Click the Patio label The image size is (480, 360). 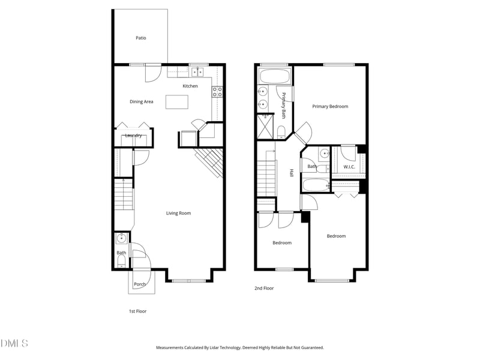[141, 38]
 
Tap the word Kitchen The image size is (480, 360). [190, 86]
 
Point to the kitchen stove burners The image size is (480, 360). [217, 92]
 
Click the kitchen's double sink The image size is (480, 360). [198, 72]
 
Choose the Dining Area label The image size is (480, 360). [142, 101]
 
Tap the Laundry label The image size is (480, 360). [133, 136]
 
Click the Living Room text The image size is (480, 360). [178, 213]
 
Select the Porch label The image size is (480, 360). [140, 284]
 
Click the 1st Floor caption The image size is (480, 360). [137, 311]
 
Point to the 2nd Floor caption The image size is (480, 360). [264, 289]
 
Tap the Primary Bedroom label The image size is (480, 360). [330, 106]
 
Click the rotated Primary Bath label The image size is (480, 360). [284, 106]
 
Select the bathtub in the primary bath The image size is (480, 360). [275, 77]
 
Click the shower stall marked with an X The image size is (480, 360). [265, 125]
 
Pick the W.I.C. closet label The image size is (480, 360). [349, 166]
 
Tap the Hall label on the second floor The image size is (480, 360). [292, 173]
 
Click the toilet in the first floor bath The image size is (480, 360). [122, 262]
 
